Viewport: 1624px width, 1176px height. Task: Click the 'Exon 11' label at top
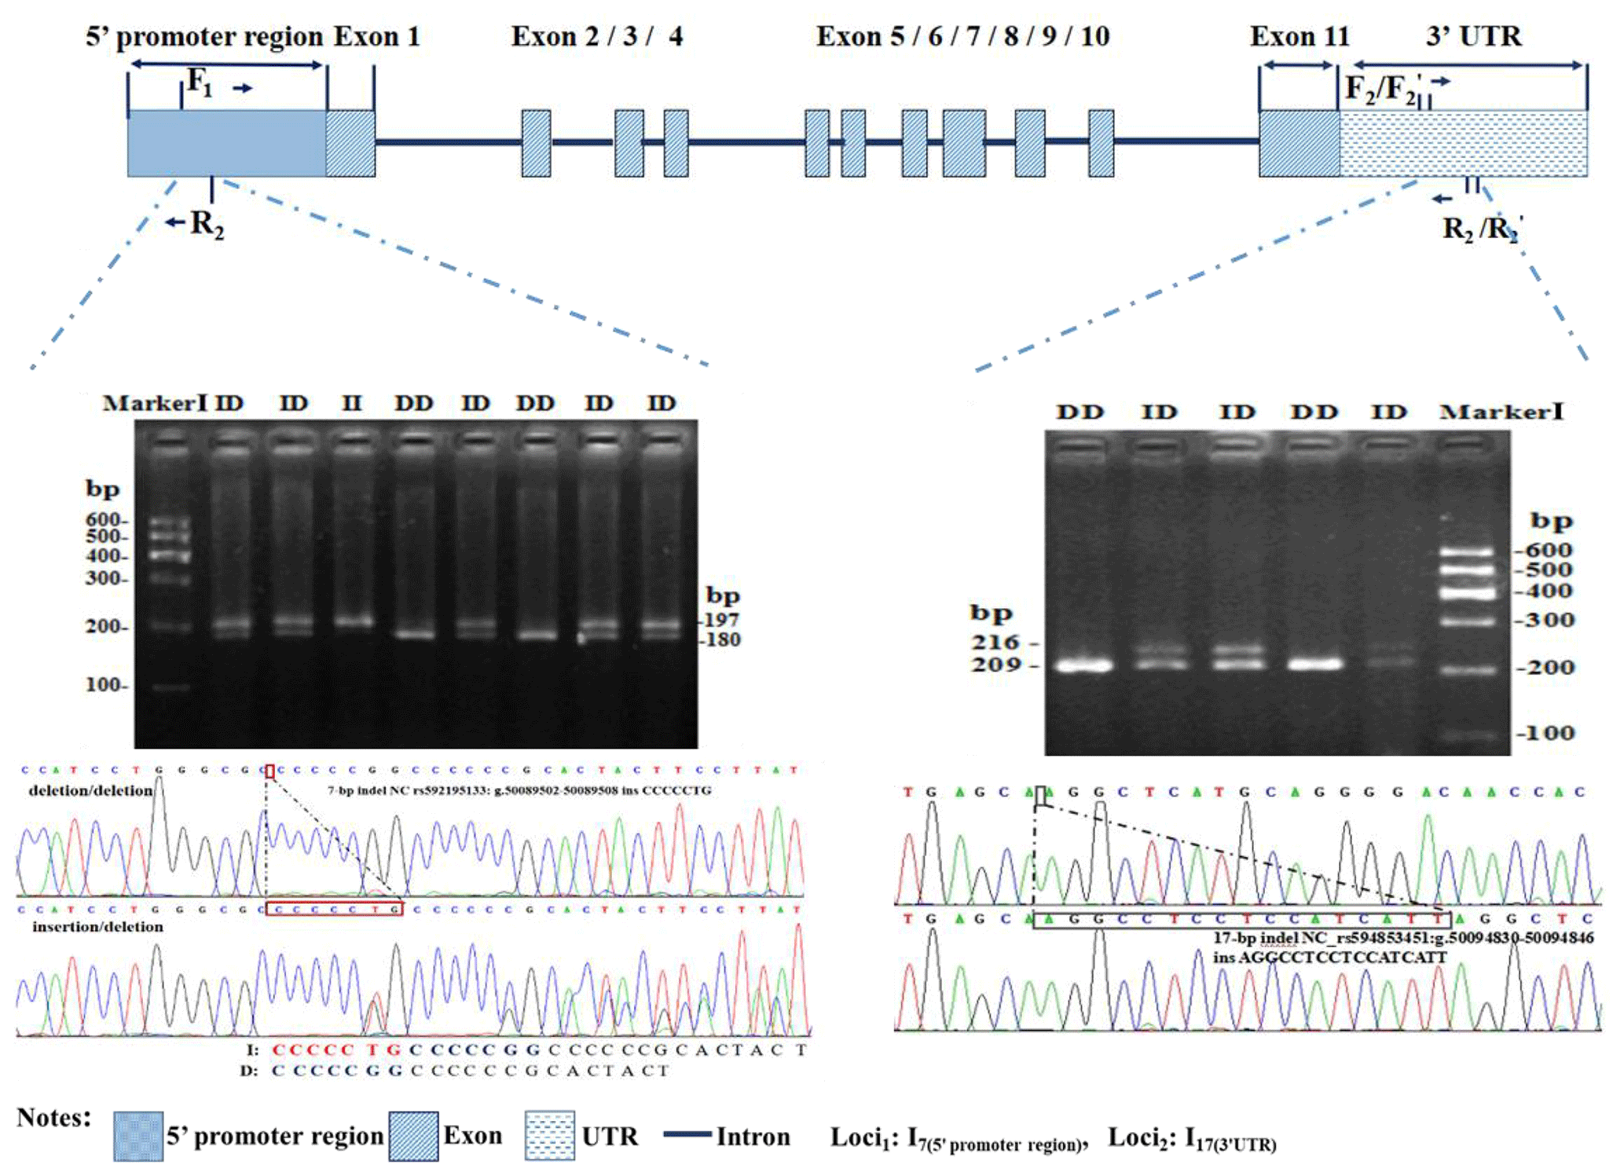pyautogui.click(x=1299, y=36)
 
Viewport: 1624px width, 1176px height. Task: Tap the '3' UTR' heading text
pyautogui.click(x=1473, y=36)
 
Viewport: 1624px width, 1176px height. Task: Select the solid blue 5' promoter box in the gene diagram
pyautogui.click(x=226, y=143)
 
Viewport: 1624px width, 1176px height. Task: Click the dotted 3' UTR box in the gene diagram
pyautogui.click(x=1463, y=143)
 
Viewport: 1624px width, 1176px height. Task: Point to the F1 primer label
pyautogui.click(x=200, y=82)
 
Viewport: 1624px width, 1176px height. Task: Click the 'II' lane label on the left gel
pyautogui.click(x=351, y=404)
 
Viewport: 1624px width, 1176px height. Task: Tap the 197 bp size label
pyautogui.click(x=721, y=620)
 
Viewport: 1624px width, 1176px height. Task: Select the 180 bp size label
pyautogui.click(x=722, y=639)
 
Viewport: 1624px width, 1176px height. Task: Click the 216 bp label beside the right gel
pyautogui.click(x=995, y=643)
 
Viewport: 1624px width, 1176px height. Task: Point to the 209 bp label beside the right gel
pyautogui.click(x=995, y=665)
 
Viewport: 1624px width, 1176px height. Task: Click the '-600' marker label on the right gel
pyautogui.click(x=1545, y=550)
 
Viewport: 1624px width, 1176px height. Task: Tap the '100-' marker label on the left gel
pyautogui.click(x=105, y=685)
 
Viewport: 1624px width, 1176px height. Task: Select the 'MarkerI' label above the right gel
pyautogui.click(x=1501, y=412)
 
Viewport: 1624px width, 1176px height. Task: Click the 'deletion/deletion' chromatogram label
pyautogui.click(x=90, y=790)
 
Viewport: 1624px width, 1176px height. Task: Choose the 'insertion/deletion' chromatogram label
pyautogui.click(x=97, y=927)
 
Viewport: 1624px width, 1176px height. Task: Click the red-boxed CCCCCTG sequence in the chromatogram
pyautogui.click(x=334, y=909)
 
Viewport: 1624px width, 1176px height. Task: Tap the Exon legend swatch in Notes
pyautogui.click(x=413, y=1136)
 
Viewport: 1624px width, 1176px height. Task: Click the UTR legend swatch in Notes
pyautogui.click(x=549, y=1136)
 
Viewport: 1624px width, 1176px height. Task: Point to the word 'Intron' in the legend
pyautogui.click(x=753, y=1137)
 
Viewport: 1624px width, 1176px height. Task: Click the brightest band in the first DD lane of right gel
pyautogui.click(x=1083, y=665)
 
